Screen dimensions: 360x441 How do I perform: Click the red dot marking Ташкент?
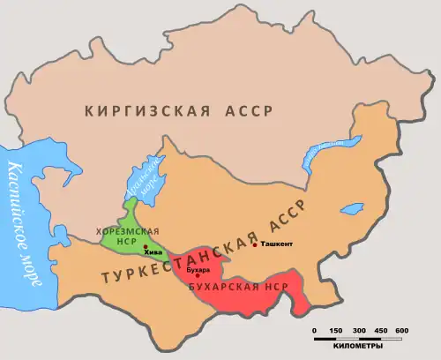click(x=256, y=244)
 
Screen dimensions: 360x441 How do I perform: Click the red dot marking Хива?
click(x=145, y=246)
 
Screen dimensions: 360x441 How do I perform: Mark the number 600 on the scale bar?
click(x=400, y=330)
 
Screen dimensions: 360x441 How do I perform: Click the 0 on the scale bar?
click(x=315, y=330)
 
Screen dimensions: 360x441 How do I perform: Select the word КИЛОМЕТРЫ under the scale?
click(x=357, y=347)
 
